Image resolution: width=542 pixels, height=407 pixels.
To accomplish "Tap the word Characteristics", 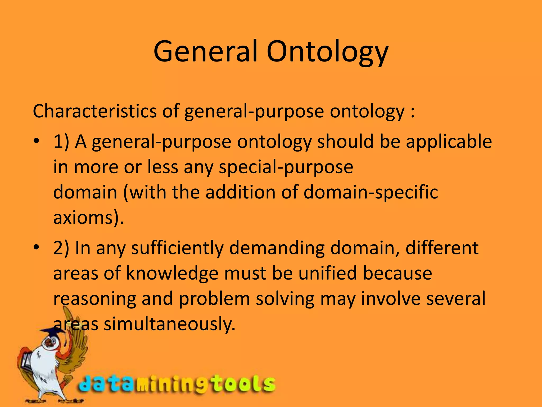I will click(x=94, y=111).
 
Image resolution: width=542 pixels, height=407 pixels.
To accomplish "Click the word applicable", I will click(x=449, y=142).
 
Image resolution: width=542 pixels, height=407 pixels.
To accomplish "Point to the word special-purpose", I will click(x=286, y=167).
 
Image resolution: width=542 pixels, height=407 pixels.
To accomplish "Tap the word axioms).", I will click(x=88, y=218).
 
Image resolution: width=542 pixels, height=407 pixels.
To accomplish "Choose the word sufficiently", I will click(x=177, y=249).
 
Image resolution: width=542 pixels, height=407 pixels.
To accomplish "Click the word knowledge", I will click(x=172, y=273).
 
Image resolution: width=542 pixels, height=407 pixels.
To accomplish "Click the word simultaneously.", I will click(x=169, y=324).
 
